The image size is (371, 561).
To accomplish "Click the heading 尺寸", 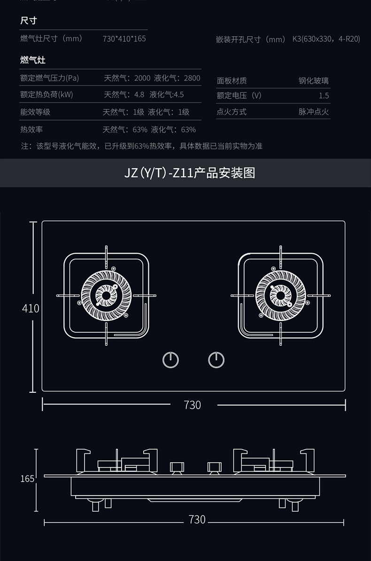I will (29, 21).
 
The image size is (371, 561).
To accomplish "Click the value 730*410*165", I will (124, 39).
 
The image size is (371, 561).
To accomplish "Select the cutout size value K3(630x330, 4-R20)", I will (326, 39).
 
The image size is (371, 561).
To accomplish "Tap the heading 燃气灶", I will (33, 60).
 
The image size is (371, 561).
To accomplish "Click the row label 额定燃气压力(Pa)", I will (49, 78).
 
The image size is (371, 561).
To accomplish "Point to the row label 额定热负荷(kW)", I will (46, 94).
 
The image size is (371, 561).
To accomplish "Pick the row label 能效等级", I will (35, 112).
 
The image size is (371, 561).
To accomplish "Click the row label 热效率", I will (31, 129).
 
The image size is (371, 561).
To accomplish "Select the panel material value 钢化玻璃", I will (314, 81).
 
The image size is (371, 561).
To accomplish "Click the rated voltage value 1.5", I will (324, 96).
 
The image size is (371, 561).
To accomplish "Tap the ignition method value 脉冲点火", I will (314, 112).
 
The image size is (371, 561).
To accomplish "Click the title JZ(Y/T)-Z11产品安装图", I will (190, 172).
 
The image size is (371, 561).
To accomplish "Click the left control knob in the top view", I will (171, 360).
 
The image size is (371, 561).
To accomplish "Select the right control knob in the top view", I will (216, 360).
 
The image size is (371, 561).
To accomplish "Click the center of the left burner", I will (106, 296).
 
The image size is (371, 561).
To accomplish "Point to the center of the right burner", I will (280, 296).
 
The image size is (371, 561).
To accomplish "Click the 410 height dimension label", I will (31, 308).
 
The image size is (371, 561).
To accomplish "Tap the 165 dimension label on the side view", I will (28, 478).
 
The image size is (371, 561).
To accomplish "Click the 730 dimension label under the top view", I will (193, 405).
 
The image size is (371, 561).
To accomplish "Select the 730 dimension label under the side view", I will (197, 519).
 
